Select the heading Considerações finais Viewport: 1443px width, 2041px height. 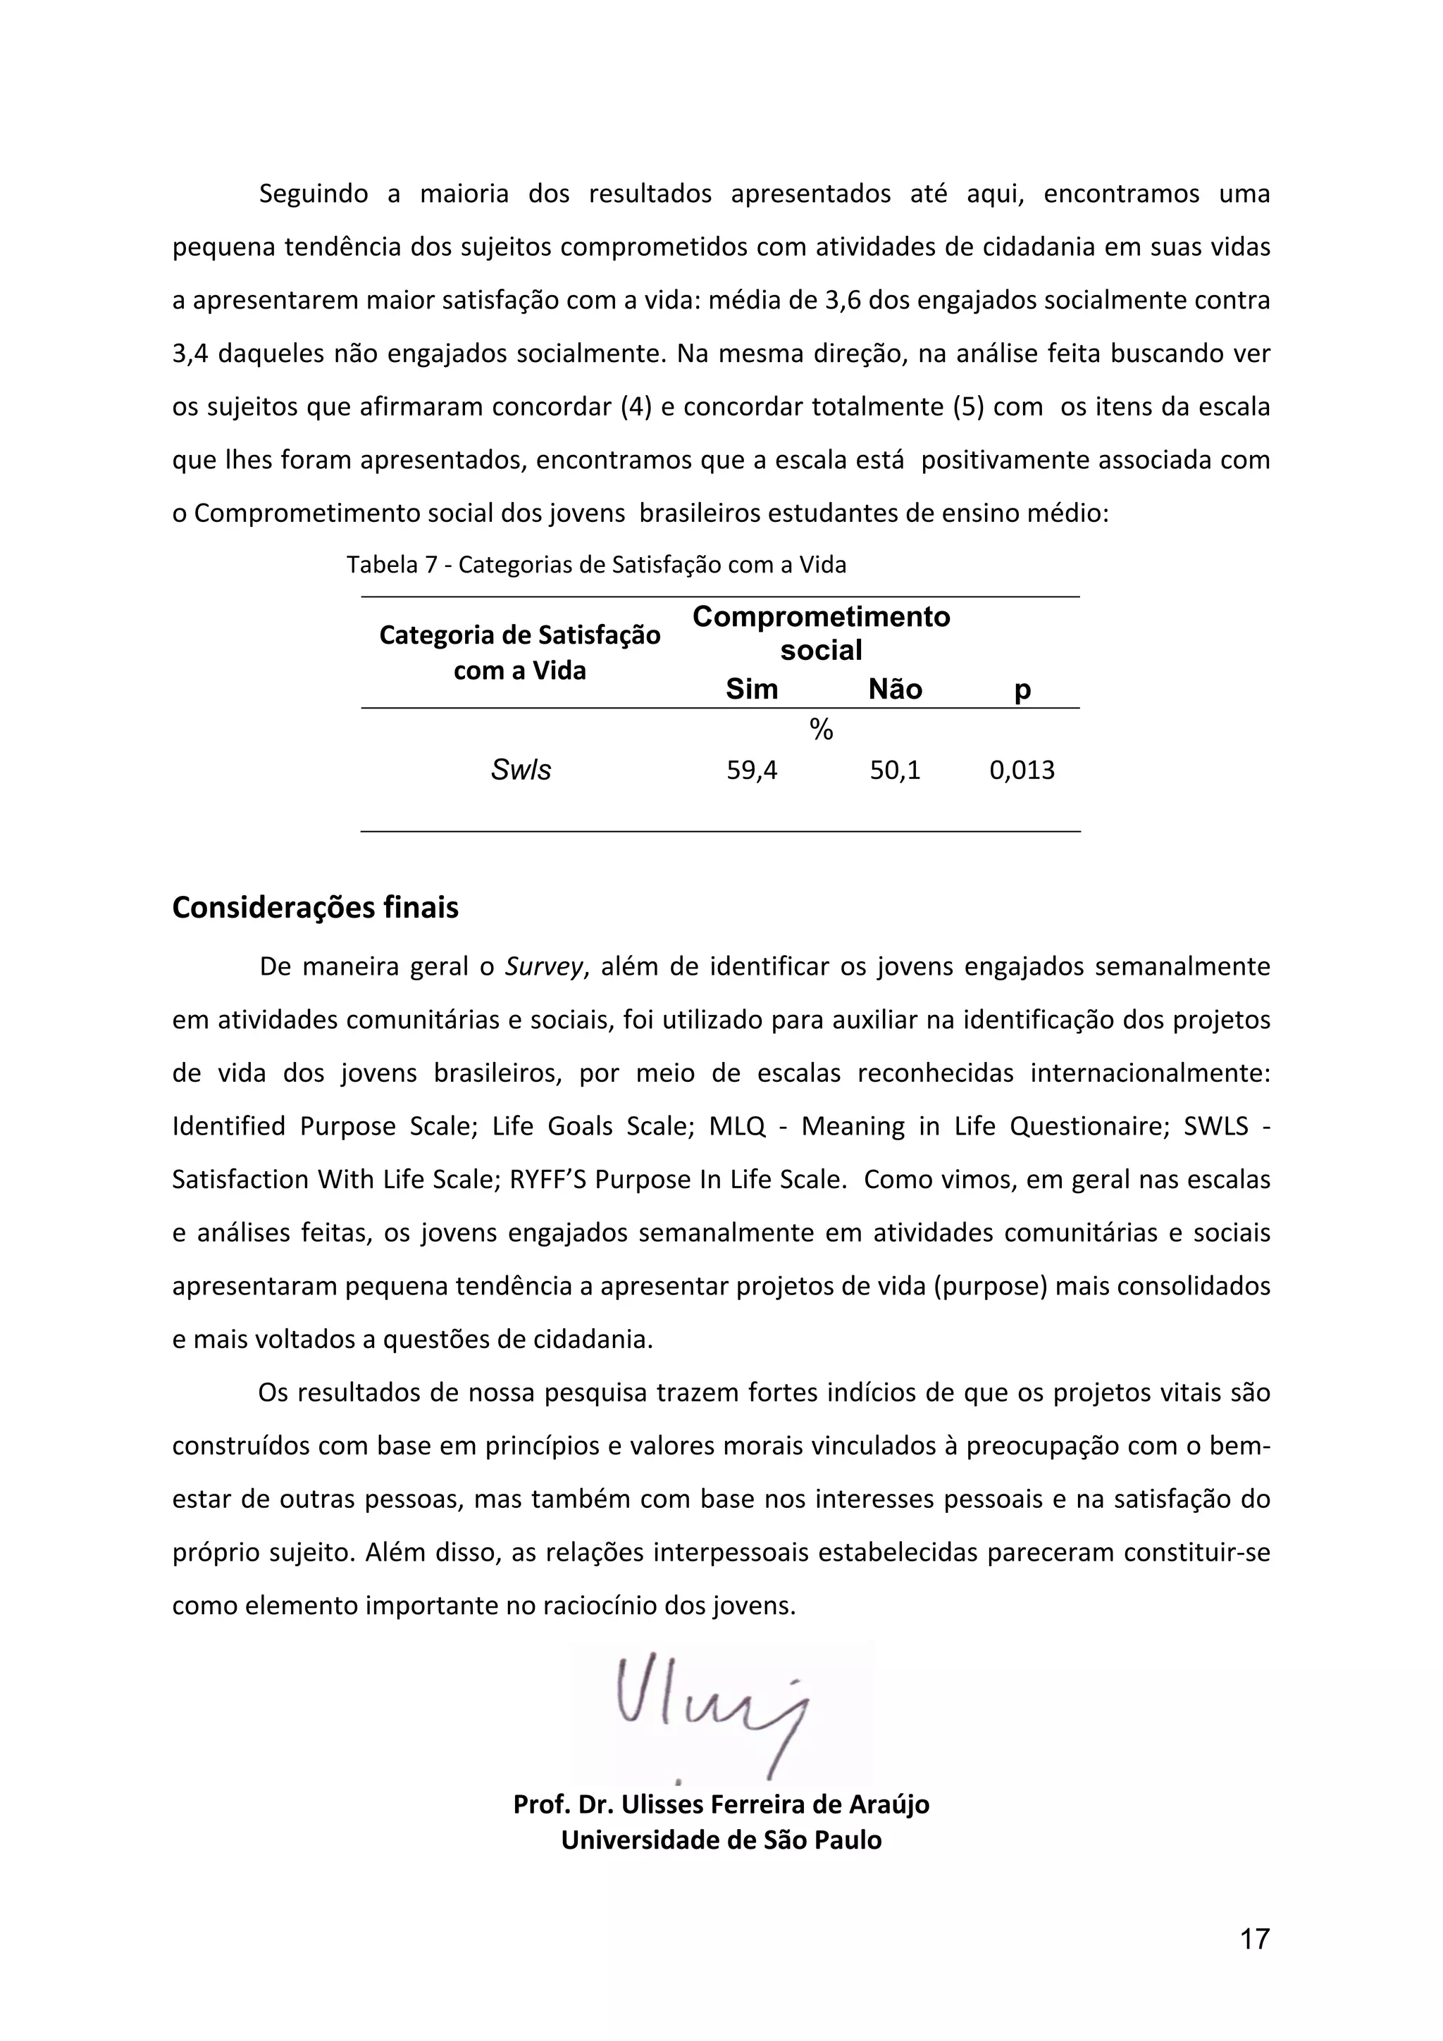tap(316, 908)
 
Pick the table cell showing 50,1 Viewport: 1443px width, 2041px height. tap(896, 770)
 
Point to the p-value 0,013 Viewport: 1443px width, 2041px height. tap(1022, 770)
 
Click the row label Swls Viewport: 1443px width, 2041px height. tap(521, 770)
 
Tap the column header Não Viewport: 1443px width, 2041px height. tap(896, 689)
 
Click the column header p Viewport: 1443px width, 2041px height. tap(1022, 691)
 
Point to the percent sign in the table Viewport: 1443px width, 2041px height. tap(822, 730)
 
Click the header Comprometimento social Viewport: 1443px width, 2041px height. tap(821, 633)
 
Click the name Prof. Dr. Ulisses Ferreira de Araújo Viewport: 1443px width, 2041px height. tap(721, 1804)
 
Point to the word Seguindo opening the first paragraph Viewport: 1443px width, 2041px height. tap(313, 194)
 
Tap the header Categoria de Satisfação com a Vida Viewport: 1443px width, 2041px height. tap(520, 652)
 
